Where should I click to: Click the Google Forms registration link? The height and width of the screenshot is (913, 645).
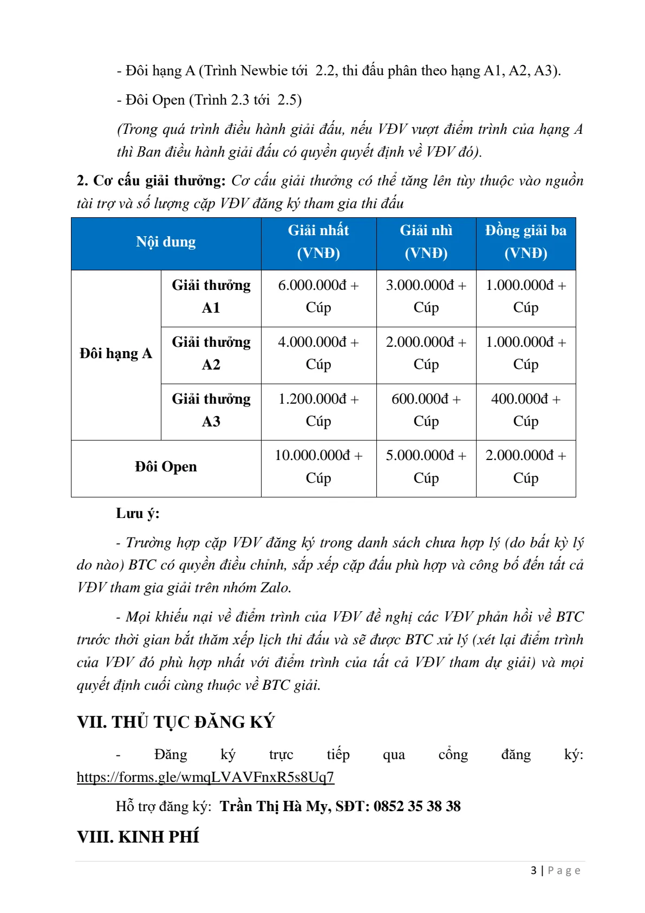tap(205, 777)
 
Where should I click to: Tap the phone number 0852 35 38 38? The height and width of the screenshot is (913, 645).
tap(417, 806)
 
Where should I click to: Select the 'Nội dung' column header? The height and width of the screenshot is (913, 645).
tap(166, 242)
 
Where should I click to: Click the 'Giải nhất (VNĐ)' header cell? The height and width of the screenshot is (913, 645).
tap(318, 242)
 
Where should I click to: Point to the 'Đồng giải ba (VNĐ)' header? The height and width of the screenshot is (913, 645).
tap(525, 242)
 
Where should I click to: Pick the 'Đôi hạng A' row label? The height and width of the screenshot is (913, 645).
tap(116, 354)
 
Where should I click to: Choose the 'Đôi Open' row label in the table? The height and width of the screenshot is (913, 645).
tap(166, 467)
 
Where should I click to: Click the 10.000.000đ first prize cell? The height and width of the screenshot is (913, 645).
tap(318, 467)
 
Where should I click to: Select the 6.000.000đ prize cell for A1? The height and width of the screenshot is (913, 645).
tap(318, 296)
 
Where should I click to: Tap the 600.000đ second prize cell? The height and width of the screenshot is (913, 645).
tap(426, 410)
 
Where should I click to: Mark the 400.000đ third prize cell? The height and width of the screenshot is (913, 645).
tap(525, 410)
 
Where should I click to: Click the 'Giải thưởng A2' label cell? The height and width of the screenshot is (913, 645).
tap(211, 353)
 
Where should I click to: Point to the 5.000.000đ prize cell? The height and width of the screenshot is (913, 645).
tap(426, 467)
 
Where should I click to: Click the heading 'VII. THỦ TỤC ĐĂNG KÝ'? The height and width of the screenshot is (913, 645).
tap(176, 722)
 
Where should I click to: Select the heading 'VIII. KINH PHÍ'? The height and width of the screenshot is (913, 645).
tap(138, 837)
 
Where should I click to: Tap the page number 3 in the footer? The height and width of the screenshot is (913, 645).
tap(533, 871)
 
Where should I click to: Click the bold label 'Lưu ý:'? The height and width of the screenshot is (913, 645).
tap(138, 514)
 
